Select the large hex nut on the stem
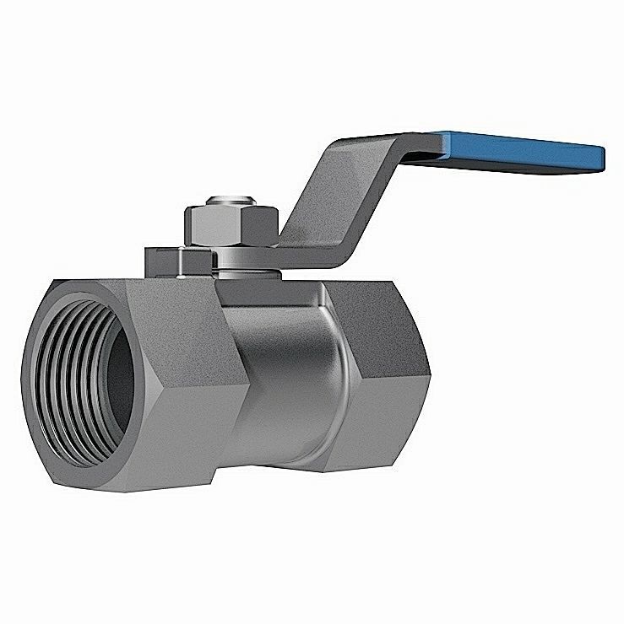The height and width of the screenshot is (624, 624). pyautogui.click(x=231, y=224)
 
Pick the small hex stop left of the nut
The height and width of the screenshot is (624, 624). pyautogui.click(x=173, y=261)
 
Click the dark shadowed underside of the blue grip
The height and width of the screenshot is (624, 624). pyautogui.click(x=524, y=166)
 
